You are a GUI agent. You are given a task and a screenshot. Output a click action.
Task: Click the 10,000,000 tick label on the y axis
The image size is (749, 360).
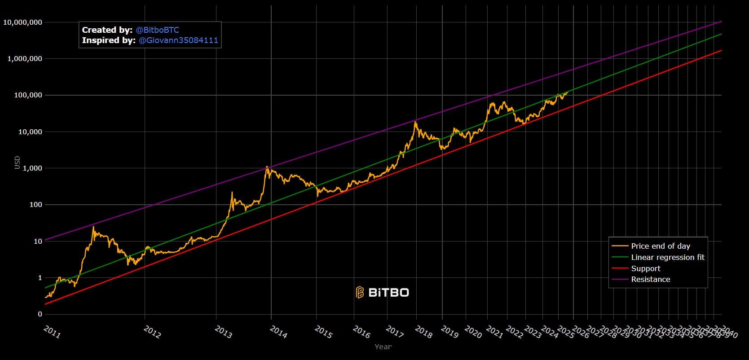coord(22,22)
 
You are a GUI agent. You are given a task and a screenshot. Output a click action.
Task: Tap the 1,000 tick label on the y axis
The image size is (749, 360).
coord(32,168)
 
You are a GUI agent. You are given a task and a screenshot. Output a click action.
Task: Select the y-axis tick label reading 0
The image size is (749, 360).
coord(40,314)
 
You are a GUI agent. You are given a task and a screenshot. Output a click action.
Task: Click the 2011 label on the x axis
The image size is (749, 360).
coord(52,332)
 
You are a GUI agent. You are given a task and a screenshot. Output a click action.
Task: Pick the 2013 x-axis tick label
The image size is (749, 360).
coord(223,332)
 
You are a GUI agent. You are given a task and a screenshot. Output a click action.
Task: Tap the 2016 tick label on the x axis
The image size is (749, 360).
coord(361,332)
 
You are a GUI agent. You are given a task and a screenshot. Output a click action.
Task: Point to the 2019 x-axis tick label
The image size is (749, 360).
coord(449,332)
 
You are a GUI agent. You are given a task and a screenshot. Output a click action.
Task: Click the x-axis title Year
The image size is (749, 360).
coord(383,347)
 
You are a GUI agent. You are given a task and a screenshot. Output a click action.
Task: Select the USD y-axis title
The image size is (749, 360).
coord(18,162)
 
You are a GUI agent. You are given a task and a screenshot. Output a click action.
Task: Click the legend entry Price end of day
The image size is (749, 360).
coord(660,246)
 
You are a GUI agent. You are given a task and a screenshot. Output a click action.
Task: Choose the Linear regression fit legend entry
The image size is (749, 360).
coord(667,257)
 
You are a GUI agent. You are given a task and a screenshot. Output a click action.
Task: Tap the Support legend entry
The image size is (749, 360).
coord(645,268)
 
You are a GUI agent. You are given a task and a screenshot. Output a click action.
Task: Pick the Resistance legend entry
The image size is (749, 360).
coord(650,279)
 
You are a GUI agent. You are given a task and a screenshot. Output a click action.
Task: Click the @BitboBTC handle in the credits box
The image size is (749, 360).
coord(157,30)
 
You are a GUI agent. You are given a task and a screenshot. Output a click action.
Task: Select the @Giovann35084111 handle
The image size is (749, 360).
coord(178,40)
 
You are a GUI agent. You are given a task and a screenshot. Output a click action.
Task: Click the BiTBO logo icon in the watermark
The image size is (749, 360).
coord(360,293)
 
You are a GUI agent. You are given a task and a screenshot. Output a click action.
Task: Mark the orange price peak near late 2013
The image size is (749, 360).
coord(267,167)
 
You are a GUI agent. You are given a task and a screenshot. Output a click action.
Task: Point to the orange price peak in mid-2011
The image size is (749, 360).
coord(93,227)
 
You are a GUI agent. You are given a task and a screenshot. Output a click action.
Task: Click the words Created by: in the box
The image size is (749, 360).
coord(107,30)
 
